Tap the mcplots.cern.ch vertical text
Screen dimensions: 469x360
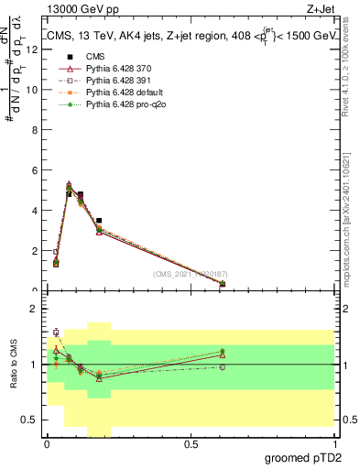coord(347,211)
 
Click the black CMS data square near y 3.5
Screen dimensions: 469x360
coord(99,221)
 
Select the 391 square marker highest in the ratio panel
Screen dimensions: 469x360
coord(56,333)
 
